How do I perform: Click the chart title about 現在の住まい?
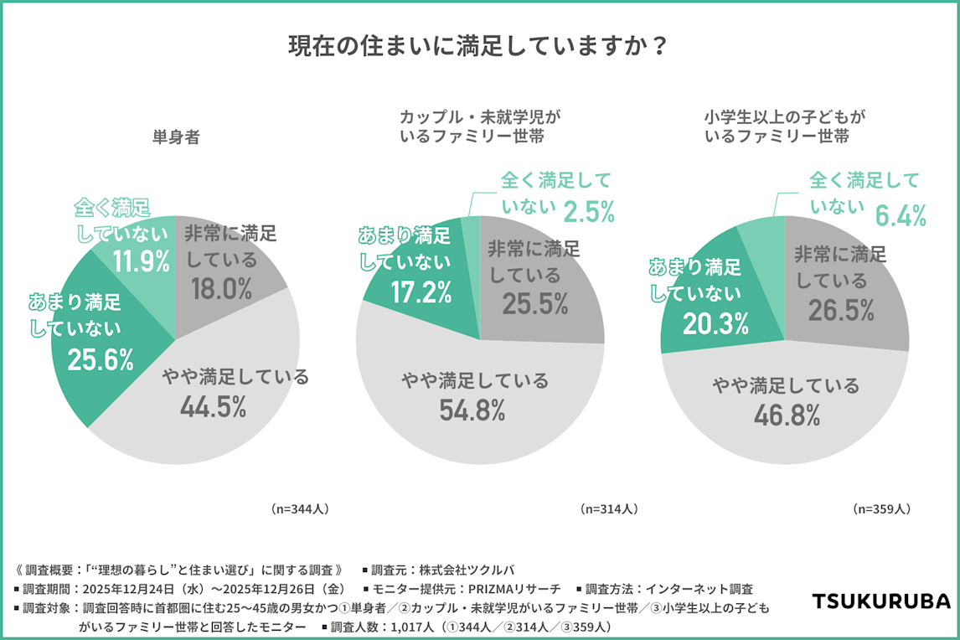click(479, 46)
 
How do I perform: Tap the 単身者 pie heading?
click(175, 138)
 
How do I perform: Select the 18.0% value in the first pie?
click(221, 289)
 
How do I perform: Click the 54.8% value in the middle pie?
click(473, 410)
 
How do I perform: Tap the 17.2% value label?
click(421, 292)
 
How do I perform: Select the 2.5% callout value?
click(588, 211)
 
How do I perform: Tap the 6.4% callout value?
click(901, 216)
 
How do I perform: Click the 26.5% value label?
click(841, 311)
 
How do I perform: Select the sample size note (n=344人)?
click(300, 508)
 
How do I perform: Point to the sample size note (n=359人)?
click(881, 508)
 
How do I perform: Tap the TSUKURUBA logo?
click(880, 601)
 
